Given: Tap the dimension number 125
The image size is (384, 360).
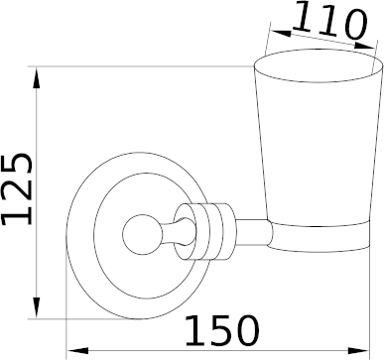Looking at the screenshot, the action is (17, 189).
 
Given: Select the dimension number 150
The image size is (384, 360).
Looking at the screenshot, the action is (222, 330).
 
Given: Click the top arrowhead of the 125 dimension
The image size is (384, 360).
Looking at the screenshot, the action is (37, 78).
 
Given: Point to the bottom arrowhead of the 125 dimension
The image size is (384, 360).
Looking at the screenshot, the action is (37, 307).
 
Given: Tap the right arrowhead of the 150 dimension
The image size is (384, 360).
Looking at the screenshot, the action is (358, 351).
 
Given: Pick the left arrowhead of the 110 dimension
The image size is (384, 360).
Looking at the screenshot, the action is (281, 33).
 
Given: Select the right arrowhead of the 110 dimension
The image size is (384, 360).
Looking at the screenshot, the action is (364, 45).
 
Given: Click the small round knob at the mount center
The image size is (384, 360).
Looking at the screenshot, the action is (143, 235).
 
